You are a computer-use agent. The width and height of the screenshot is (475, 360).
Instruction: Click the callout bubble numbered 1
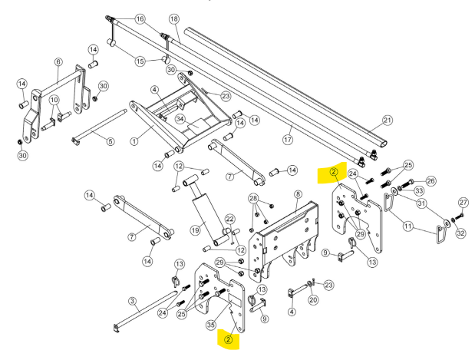point(135,140)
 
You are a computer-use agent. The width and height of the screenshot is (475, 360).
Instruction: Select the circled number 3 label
point(132,301)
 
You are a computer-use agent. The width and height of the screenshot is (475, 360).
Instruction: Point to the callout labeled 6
point(58,62)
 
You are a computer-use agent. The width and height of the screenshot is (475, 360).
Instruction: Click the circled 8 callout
point(297,195)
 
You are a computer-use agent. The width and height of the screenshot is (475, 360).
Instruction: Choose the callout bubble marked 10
point(54,101)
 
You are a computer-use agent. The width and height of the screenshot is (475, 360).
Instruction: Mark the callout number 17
point(289,140)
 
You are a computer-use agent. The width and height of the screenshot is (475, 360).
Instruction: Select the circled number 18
point(173,18)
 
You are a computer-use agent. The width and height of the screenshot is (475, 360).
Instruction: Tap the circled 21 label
point(388,120)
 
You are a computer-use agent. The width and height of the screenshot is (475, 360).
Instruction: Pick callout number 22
point(229,220)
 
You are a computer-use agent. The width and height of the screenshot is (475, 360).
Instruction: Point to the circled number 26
point(430,181)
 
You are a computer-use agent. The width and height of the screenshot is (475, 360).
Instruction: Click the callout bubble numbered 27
point(462,203)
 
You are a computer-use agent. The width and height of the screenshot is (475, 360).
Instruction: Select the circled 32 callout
point(460,233)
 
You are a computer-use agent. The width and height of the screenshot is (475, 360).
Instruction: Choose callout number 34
point(180,118)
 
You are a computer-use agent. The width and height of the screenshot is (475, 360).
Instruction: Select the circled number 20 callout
point(313,300)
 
